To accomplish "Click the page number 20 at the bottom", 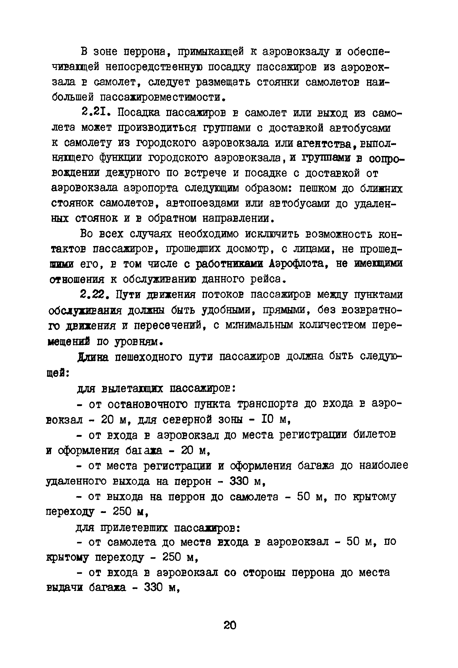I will pos(230,625).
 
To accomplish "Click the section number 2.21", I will pos(96,113).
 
